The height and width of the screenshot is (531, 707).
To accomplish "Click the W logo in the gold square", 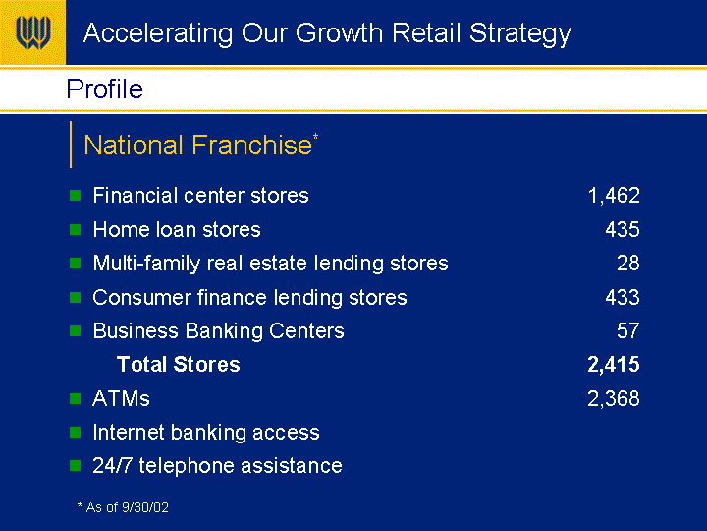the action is (x=33, y=32).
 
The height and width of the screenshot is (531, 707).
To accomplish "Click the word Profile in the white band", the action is (x=105, y=88).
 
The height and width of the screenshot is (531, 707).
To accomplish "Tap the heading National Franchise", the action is (x=198, y=145).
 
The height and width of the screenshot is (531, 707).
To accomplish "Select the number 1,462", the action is (x=614, y=196).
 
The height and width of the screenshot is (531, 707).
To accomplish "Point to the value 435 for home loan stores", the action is (x=623, y=229).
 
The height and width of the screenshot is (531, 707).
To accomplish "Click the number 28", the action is (x=628, y=263).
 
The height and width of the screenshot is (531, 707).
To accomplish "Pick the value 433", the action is (x=623, y=297).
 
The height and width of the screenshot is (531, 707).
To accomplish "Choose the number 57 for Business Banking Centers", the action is (x=628, y=330).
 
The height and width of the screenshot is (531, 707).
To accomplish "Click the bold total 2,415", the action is (x=613, y=365).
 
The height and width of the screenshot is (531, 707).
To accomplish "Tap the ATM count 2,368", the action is (x=613, y=398).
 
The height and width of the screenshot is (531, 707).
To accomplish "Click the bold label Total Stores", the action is (x=178, y=365).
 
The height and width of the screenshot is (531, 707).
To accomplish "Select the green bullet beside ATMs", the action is (x=76, y=398).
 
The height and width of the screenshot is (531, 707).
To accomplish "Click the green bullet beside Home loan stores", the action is (x=76, y=229).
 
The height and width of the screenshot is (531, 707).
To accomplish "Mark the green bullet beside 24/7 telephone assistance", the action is (x=76, y=465).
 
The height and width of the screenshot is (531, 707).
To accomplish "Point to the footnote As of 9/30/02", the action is (x=123, y=507).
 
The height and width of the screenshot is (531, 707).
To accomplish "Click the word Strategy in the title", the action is (x=520, y=33).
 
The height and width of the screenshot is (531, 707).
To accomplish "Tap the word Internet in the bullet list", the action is (x=128, y=432).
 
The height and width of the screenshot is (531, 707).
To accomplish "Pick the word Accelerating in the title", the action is (x=158, y=33).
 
